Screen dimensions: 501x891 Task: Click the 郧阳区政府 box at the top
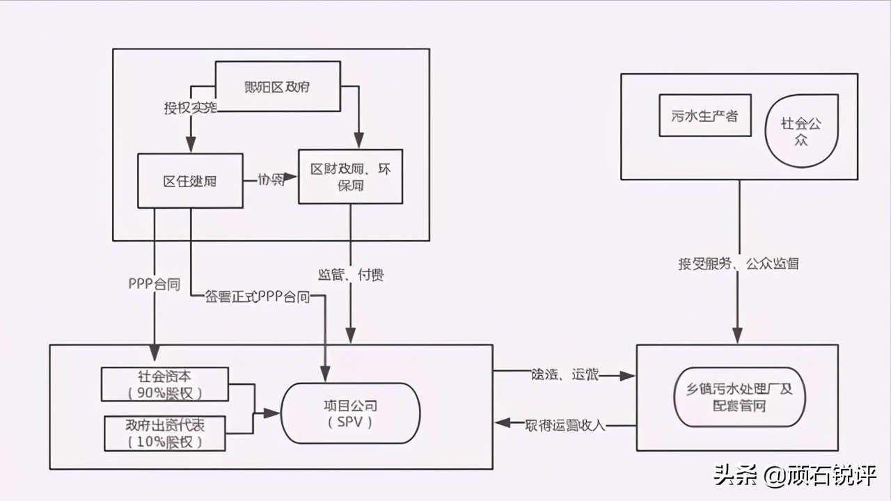(x=278, y=87)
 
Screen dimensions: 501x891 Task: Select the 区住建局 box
(x=190, y=181)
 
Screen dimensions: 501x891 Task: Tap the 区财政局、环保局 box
(x=350, y=177)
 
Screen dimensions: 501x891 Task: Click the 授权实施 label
(x=190, y=108)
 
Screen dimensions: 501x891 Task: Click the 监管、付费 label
(x=351, y=275)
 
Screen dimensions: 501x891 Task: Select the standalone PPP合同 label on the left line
(x=154, y=284)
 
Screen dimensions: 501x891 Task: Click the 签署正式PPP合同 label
(x=258, y=297)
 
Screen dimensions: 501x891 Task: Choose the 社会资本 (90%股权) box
(x=165, y=384)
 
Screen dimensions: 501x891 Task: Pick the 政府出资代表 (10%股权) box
(x=165, y=434)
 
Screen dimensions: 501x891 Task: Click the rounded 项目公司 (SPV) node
(x=350, y=413)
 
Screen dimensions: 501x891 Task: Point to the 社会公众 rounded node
(x=801, y=131)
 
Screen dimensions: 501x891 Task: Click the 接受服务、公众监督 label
(x=738, y=264)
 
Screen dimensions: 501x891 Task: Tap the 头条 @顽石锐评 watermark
(x=794, y=476)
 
